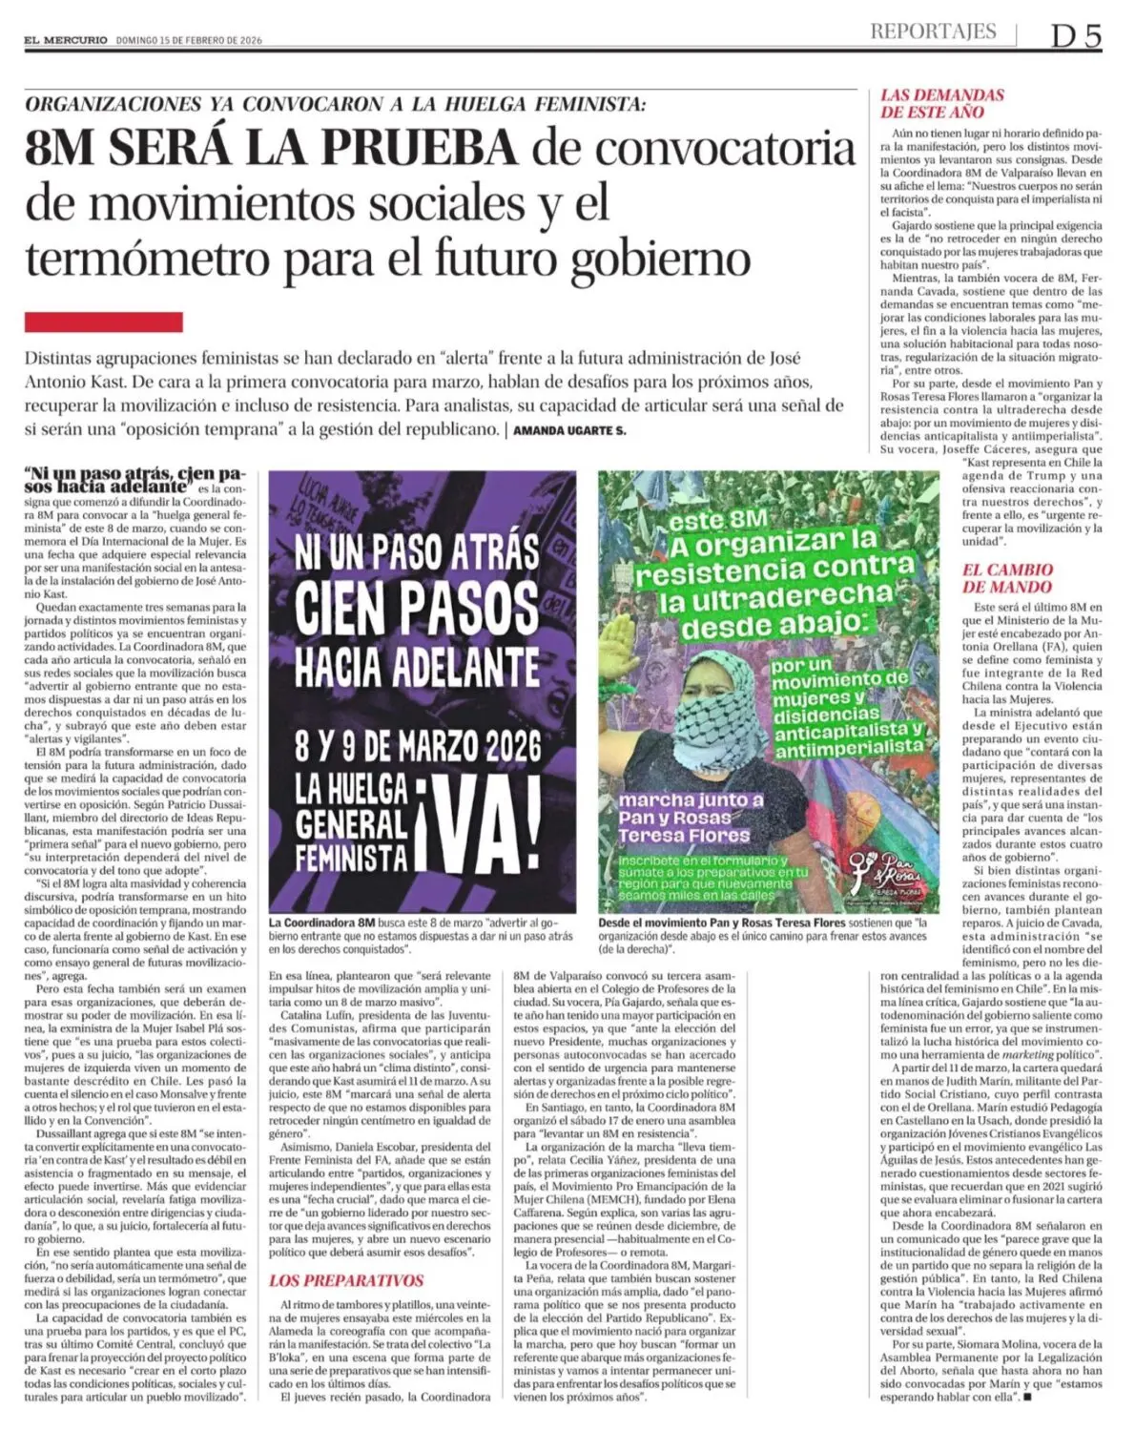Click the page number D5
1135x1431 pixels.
tap(1076, 35)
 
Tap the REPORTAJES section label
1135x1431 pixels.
tap(932, 31)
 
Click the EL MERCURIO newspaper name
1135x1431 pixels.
tap(66, 40)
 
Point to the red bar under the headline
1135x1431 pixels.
tap(103, 321)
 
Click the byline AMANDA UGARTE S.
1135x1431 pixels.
tap(569, 430)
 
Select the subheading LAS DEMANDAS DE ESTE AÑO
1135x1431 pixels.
tap(941, 103)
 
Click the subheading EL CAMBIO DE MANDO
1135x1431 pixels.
tap(1006, 578)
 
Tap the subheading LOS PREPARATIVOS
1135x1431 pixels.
tap(345, 1280)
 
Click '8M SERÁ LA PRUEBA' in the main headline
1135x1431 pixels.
tap(272, 148)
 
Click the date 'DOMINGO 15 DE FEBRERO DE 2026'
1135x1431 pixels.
tap(189, 40)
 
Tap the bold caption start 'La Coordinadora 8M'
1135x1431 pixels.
tap(322, 923)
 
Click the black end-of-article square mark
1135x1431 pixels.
tap(1028, 1398)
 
